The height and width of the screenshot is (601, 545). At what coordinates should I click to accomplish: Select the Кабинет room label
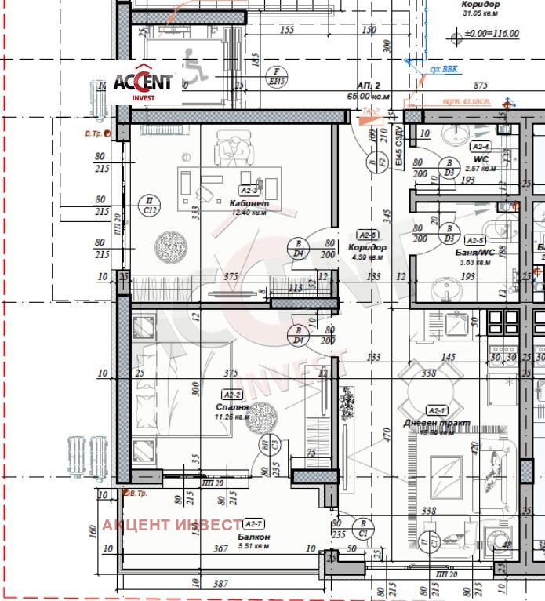coord(248,203)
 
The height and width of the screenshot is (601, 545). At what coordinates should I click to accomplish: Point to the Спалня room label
coord(232,407)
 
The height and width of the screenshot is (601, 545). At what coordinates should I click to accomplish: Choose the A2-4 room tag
coord(481,147)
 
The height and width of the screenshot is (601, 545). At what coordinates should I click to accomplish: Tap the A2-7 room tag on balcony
coord(253,523)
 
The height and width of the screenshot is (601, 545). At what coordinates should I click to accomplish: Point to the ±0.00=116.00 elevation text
coord(492,35)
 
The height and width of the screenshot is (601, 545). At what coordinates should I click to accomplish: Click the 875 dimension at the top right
coord(481,86)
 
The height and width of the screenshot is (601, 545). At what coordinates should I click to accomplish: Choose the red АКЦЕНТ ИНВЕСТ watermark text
coord(171,525)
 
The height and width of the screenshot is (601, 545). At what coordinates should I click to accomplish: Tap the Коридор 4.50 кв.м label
coord(367,251)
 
